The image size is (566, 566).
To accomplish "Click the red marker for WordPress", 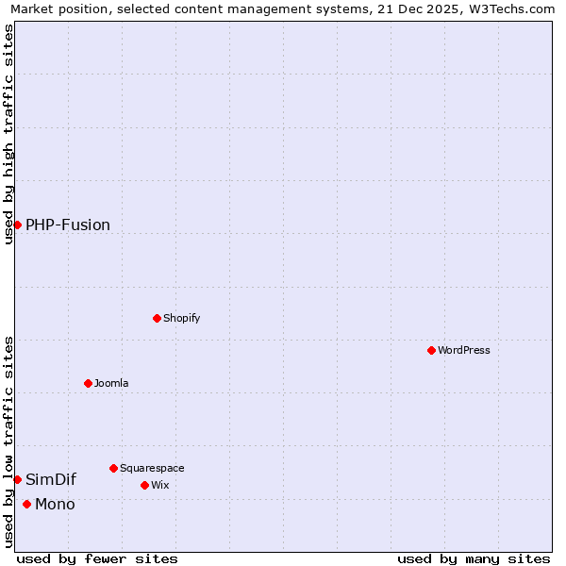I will pos(431,350).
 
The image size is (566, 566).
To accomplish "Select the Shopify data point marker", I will pos(157,318).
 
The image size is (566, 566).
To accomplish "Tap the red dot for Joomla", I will pos(88,383).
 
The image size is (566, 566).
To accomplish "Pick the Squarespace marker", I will pos(113,468).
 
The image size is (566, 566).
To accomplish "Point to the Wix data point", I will pos(144,485).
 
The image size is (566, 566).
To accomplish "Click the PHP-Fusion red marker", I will pos(17,225).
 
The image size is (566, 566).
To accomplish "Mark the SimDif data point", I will pos(17,479).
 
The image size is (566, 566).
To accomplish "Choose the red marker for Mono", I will pos(26,504).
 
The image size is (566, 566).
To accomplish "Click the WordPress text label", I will pos(463,350).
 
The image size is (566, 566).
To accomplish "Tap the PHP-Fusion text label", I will pos(68,225).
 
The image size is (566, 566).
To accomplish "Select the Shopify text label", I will pos(181,318).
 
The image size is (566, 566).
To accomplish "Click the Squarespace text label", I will pos(152,468).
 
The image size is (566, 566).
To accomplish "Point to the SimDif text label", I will pos(51,479).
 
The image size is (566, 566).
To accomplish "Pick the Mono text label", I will pos(55,504).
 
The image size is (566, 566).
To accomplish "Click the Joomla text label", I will pos(111,383).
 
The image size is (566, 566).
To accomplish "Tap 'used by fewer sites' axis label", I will pos(97,558).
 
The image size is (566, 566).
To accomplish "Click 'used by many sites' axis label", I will pos(474,558).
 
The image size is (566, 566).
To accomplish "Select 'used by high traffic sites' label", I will pos(8,134).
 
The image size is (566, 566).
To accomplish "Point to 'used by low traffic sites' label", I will pos(8,441).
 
